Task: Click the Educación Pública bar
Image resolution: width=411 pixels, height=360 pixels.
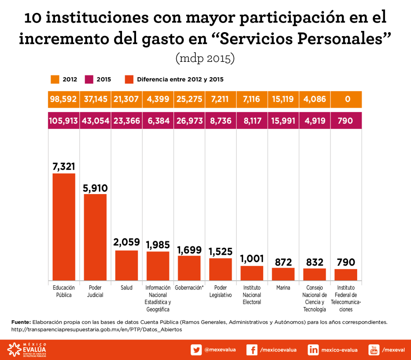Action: pyautogui.click(x=64, y=227)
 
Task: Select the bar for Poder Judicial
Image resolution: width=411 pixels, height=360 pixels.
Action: pyautogui.click(x=95, y=237)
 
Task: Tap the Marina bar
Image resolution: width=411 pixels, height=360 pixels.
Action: pyautogui.click(x=283, y=274)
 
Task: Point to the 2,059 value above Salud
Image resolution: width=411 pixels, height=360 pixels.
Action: pyautogui.click(x=126, y=242)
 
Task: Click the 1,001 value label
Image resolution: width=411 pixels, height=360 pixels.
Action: pyautogui.click(x=252, y=258)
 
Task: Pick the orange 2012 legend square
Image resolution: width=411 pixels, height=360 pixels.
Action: pyautogui.click(x=55, y=79)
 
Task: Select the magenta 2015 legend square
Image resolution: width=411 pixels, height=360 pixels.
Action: pyautogui.click(x=89, y=79)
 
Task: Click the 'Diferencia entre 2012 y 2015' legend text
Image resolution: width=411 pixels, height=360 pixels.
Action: pyautogui.click(x=180, y=79)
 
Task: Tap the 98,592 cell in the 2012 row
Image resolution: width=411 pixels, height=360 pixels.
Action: pyautogui.click(x=64, y=99)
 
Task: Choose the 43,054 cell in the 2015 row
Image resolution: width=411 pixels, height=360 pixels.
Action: pyautogui.click(x=95, y=121)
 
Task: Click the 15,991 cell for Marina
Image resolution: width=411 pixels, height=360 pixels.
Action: pyautogui.click(x=283, y=121)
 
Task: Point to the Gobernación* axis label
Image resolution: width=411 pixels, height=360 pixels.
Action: pyautogui.click(x=189, y=288)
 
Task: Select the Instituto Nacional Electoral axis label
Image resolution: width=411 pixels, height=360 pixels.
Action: pyautogui.click(x=252, y=295)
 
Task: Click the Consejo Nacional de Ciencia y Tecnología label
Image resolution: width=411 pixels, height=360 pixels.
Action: pyautogui.click(x=314, y=299)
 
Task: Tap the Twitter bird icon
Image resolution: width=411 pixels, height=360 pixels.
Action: pyautogui.click(x=196, y=350)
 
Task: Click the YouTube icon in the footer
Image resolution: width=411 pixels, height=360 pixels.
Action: pyautogui.click(x=374, y=350)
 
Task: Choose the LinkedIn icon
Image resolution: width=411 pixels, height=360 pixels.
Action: pyautogui.click(x=313, y=350)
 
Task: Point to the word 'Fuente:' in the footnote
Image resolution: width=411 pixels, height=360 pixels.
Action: pyautogui.click(x=21, y=322)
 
